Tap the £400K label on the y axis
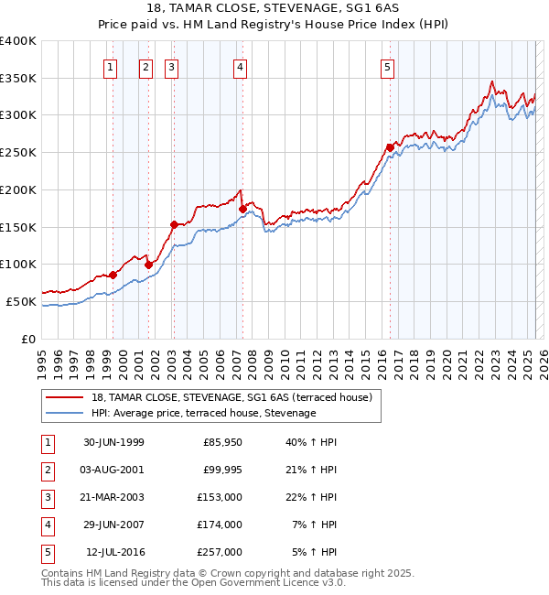point(18,41)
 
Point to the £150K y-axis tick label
point(18,227)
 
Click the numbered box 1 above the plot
point(110,66)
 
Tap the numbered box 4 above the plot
point(239,66)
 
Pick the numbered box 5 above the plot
point(387,66)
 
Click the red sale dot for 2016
point(390,147)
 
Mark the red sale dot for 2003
point(174,223)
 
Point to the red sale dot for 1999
point(113,275)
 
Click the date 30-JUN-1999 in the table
point(113,442)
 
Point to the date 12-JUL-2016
point(115,552)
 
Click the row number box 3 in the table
point(47,497)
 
